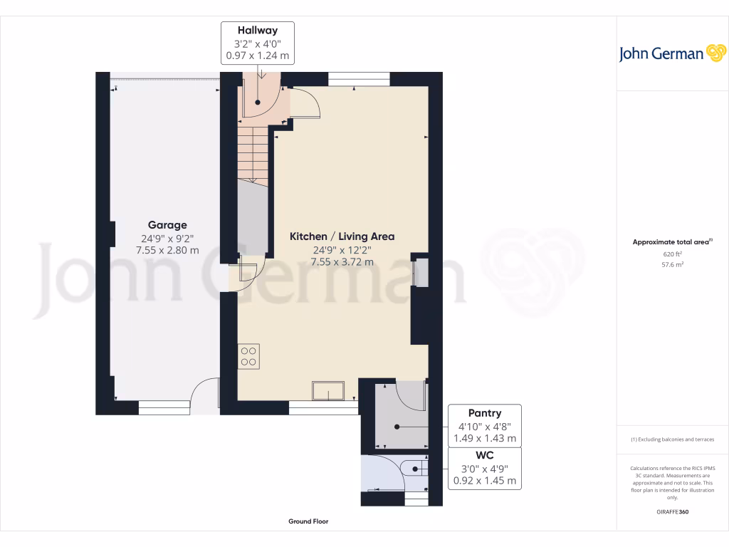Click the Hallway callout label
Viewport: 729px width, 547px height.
pyautogui.click(x=257, y=43)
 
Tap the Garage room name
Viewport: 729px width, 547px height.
pyautogui.click(x=167, y=225)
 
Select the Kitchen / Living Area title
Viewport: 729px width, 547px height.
pyautogui.click(x=342, y=236)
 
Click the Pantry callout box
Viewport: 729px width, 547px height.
pyautogui.click(x=484, y=425)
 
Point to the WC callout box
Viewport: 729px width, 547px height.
pyautogui.click(x=484, y=468)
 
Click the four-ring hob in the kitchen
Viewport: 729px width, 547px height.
pyautogui.click(x=249, y=355)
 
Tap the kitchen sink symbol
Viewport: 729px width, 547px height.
pyautogui.click(x=327, y=391)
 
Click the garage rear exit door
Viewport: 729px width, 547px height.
pyautogui.click(x=205, y=396)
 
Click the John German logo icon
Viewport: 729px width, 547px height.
pyautogui.click(x=714, y=53)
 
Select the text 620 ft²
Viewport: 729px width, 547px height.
pyautogui.click(x=673, y=254)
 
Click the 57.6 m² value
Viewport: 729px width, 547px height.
pyautogui.click(x=673, y=264)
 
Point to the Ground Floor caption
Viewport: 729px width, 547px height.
pyautogui.click(x=308, y=521)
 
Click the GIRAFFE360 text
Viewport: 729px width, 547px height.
pyautogui.click(x=673, y=512)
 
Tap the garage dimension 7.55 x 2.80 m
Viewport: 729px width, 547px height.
pyautogui.click(x=167, y=250)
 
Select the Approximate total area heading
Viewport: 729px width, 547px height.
pyautogui.click(x=672, y=242)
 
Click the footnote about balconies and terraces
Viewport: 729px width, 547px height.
pyautogui.click(x=673, y=439)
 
